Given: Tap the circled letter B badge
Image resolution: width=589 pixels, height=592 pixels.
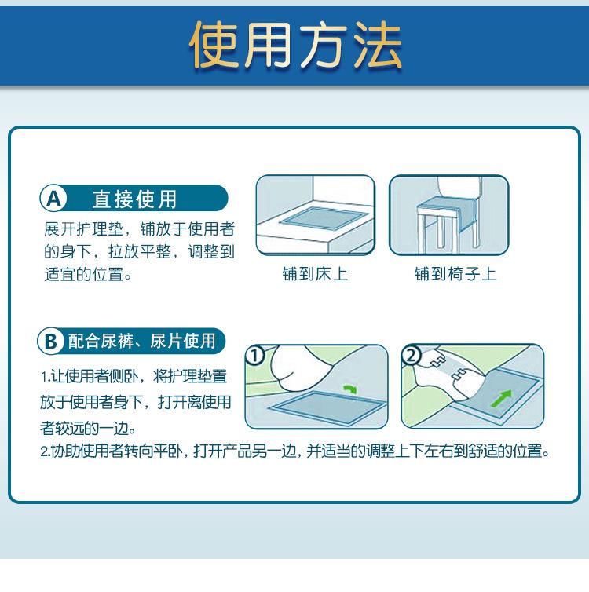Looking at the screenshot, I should point(50,341).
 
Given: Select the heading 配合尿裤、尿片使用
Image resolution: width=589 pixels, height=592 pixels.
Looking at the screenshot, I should point(141,341).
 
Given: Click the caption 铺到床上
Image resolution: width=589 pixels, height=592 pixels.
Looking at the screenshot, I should point(315,274).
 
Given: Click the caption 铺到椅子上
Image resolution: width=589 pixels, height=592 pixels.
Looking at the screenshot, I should point(455,274).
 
